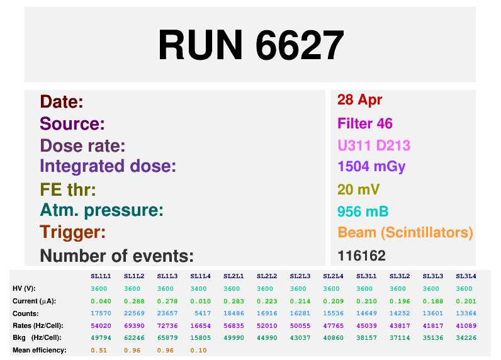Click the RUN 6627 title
click(250, 45)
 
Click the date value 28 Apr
click(360, 100)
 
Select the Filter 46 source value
click(365, 123)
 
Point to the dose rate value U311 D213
click(374, 146)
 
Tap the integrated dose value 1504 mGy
click(371, 167)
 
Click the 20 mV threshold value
click(358, 189)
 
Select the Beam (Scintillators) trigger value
click(405, 233)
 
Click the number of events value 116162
click(361, 256)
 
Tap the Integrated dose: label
click(108, 167)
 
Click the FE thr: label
click(68, 189)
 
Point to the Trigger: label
click(72, 232)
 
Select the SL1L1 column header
click(101, 276)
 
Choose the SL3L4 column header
click(466, 276)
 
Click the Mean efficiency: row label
click(39, 350)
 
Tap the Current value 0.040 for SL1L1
click(101, 301)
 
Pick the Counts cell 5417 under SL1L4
click(200, 313)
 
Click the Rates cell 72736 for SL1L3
click(167, 325)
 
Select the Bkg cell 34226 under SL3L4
click(466, 337)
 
